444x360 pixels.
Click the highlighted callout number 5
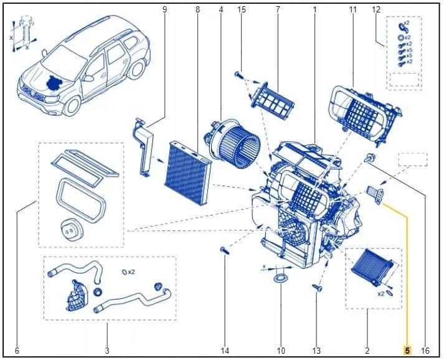(x=407, y=351)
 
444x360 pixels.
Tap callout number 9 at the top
(x=165, y=9)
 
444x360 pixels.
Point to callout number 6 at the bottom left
(x=17, y=351)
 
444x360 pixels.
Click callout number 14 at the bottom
(x=225, y=351)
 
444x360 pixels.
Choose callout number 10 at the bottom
(x=280, y=351)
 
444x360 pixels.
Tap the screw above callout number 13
(x=317, y=288)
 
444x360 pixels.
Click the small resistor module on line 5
(x=377, y=193)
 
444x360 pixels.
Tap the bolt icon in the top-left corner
(x=24, y=31)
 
